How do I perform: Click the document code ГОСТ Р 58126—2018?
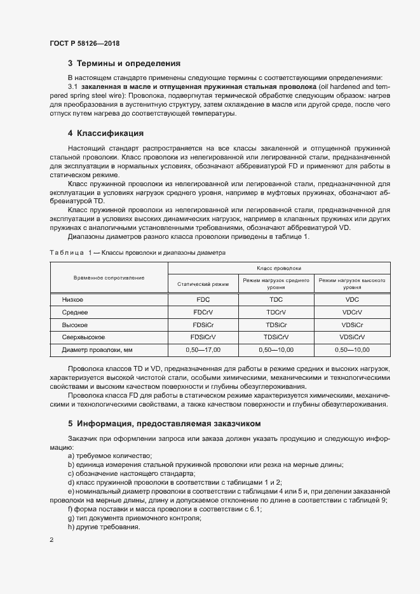(85, 43)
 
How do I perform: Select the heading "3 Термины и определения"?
(124, 64)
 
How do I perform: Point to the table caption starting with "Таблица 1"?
(137, 252)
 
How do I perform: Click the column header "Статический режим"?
(203, 283)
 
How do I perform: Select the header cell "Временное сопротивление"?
(109, 278)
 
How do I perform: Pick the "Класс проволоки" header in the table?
(278, 268)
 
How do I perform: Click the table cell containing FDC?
(203, 299)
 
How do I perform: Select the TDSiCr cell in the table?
(276, 325)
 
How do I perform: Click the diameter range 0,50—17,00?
(203, 349)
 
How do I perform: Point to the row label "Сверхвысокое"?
(83, 337)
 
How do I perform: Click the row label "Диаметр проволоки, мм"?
(97, 349)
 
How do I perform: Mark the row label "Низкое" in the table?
(72, 299)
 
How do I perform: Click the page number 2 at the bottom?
(51, 540)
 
